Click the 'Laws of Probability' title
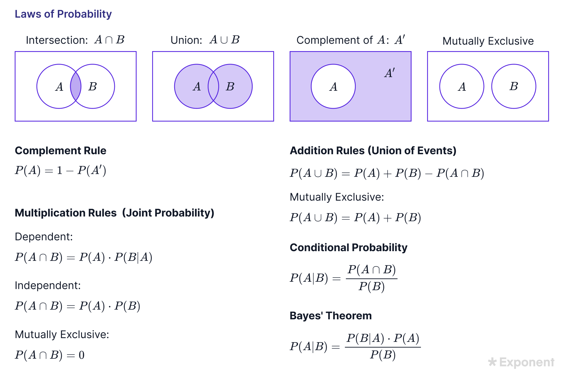click(63, 14)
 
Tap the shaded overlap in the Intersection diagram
click(75, 86)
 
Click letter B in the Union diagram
click(230, 86)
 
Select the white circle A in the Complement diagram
click(333, 86)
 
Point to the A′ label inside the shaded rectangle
click(390, 73)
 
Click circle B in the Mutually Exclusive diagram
click(513, 86)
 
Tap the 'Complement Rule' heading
click(61, 150)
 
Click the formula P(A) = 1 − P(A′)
click(61, 170)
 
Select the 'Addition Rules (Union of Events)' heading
click(373, 150)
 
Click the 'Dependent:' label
click(44, 236)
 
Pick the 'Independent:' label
click(48, 285)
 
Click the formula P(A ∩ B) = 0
click(50, 355)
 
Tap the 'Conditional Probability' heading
click(348, 247)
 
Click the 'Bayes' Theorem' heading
click(330, 315)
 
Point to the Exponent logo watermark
click(521, 362)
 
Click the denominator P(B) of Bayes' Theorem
click(383, 355)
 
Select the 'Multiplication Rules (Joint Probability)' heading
click(114, 213)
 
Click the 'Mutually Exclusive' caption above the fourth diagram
click(488, 41)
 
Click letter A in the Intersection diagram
click(59, 87)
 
